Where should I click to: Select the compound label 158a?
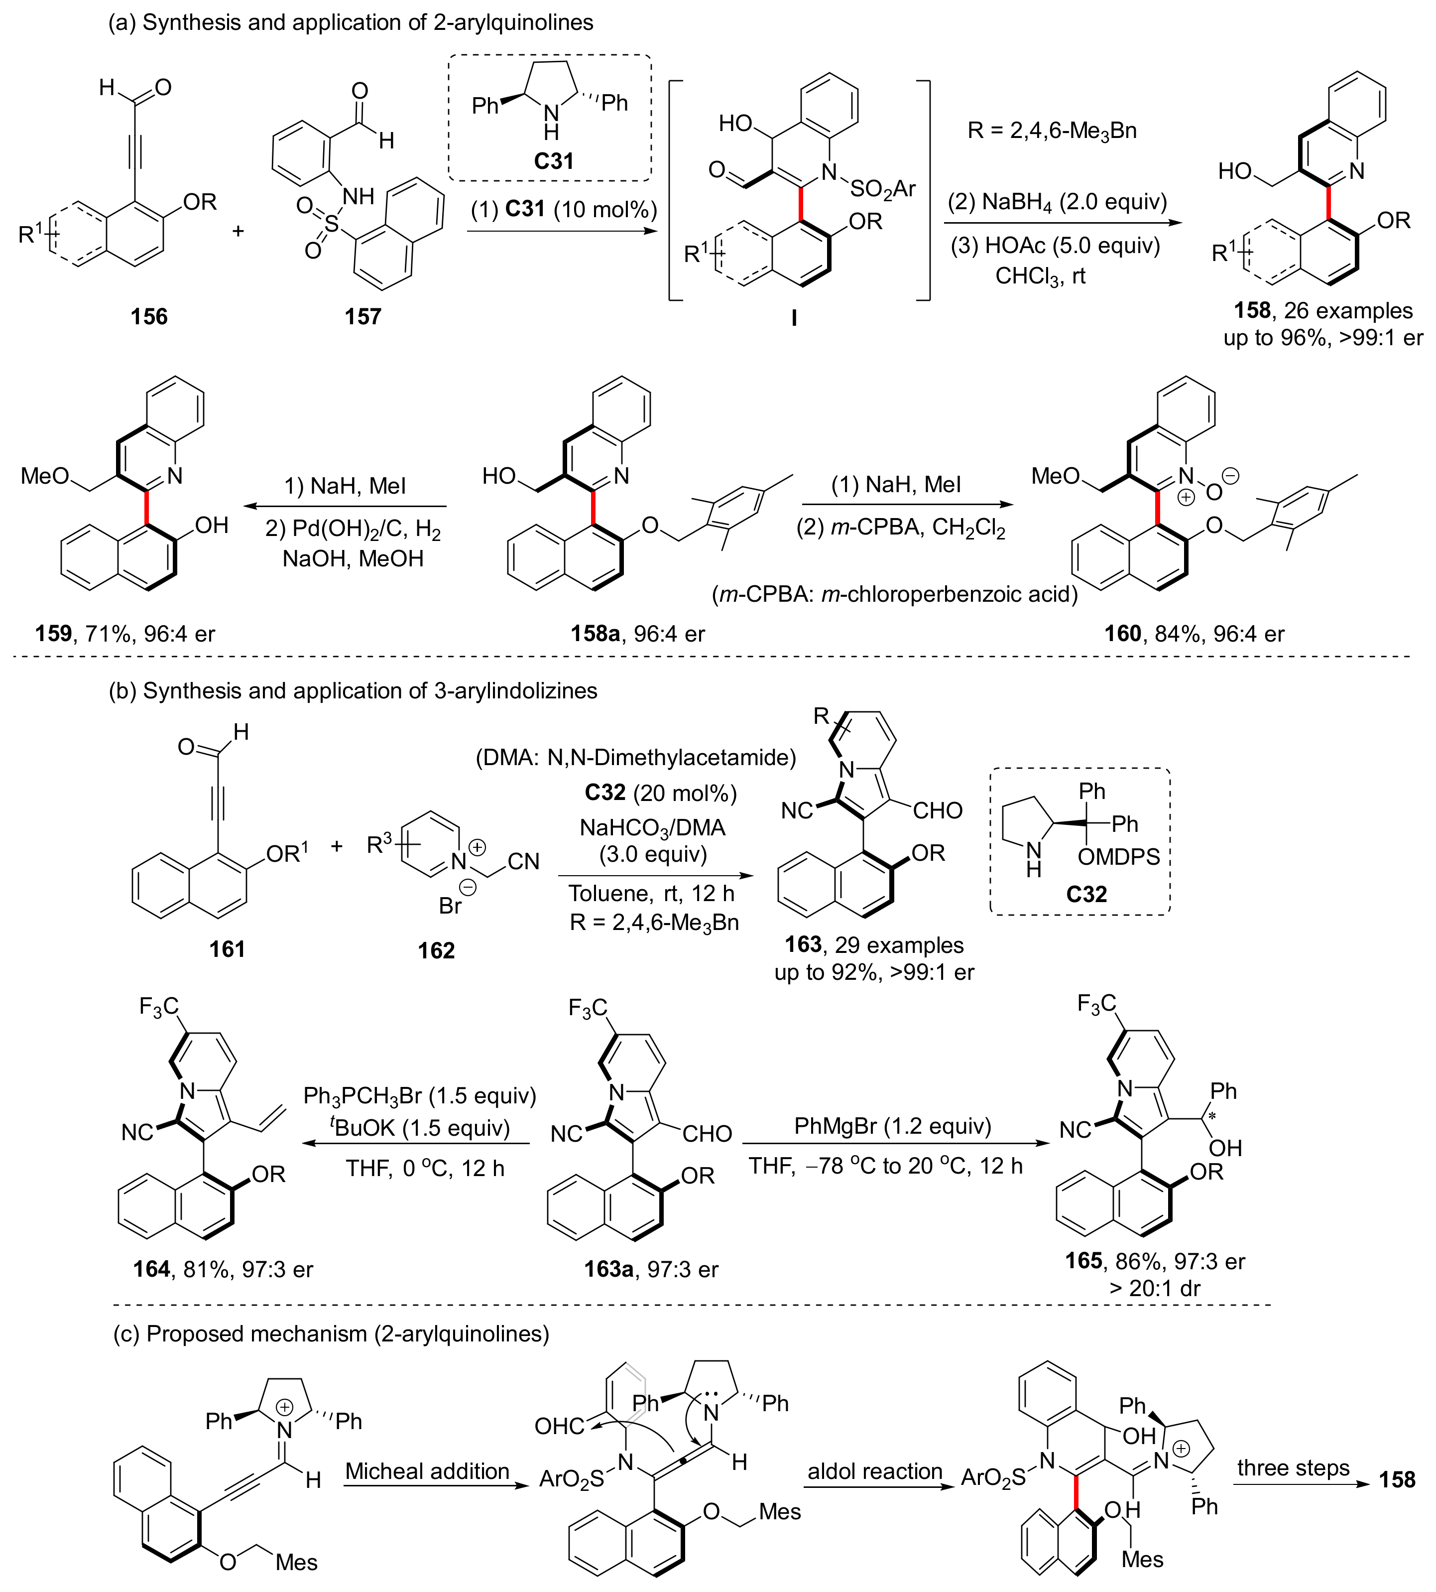(595, 633)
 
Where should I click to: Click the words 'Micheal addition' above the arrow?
(427, 1471)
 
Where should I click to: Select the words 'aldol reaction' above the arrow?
(874, 1471)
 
